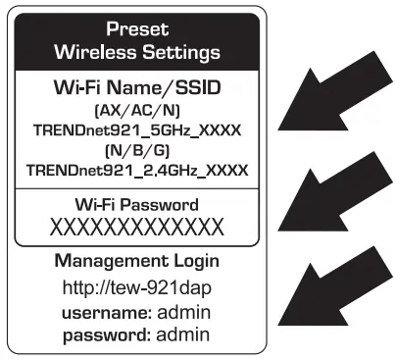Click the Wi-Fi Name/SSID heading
(137, 88)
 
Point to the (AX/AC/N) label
(137, 112)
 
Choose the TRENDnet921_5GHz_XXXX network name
(137, 131)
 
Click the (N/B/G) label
(137, 151)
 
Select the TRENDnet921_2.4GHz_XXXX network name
(137, 170)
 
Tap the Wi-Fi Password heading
(137, 205)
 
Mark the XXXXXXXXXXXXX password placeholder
(137, 228)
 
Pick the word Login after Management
(193, 262)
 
